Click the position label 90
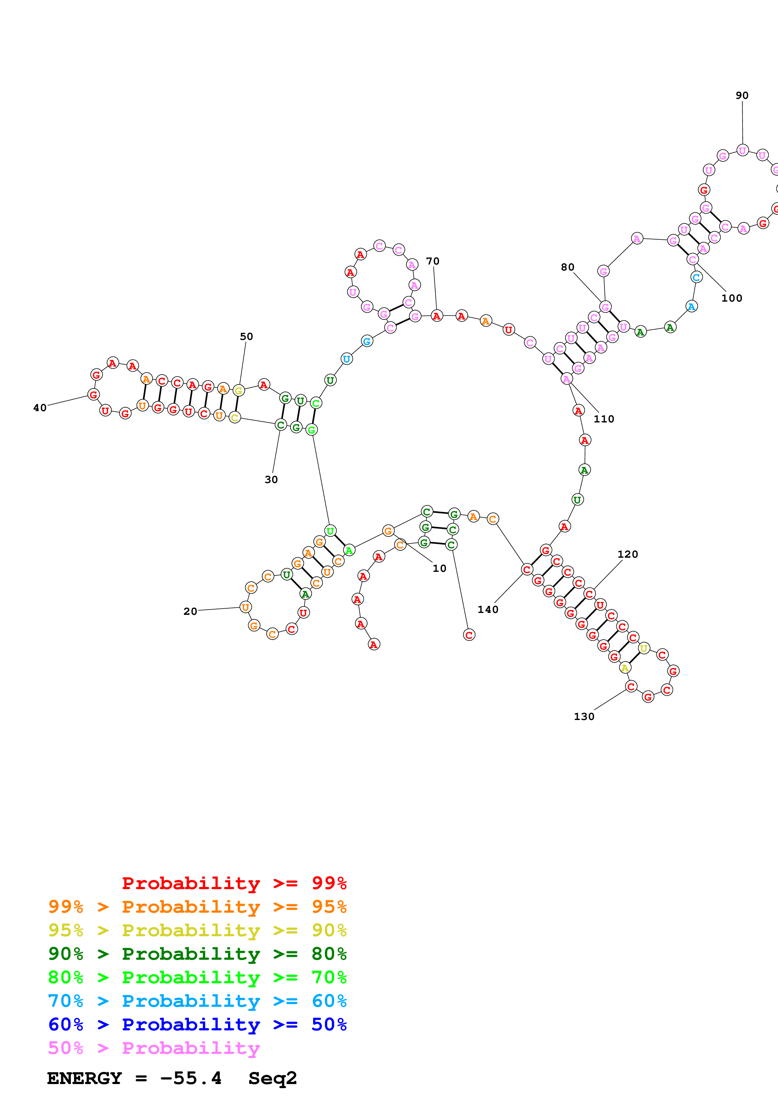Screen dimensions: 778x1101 point(742,95)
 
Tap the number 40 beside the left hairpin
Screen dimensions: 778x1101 point(40,408)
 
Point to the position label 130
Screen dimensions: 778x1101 point(584,717)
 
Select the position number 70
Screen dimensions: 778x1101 point(432,261)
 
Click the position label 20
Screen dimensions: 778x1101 point(190,611)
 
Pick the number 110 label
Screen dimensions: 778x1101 point(604,419)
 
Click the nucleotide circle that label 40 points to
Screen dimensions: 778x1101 point(94,395)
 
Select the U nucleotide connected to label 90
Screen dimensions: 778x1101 point(742,151)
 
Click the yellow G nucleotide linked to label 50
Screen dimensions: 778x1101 point(238,391)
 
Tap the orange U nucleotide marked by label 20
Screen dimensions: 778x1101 point(245,607)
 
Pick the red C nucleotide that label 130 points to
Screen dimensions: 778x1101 point(631,687)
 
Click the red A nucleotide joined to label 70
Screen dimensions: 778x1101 point(436,316)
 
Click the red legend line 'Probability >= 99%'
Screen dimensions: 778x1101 point(234,883)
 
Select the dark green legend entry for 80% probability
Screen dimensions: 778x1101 point(197,954)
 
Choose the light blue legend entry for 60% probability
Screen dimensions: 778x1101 point(197,1001)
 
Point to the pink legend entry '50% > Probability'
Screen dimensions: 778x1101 point(153,1048)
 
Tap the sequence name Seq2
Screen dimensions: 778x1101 point(272,1078)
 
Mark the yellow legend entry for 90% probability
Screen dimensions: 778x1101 point(197,930)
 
